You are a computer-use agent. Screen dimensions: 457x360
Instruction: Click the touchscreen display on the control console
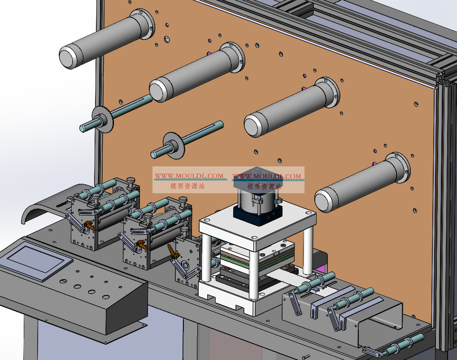(x=39, y=263)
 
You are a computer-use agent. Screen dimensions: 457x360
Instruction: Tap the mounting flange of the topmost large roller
(x=143, y=23)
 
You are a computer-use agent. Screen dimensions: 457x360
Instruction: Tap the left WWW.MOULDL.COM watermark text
(x=189, y=176)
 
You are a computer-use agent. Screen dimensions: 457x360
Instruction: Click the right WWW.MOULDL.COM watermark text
(x=267, y=176)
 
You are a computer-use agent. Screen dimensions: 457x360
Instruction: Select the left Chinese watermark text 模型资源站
(x=188, y=186)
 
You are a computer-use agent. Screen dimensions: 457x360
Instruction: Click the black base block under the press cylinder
(x=257, y=214)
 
